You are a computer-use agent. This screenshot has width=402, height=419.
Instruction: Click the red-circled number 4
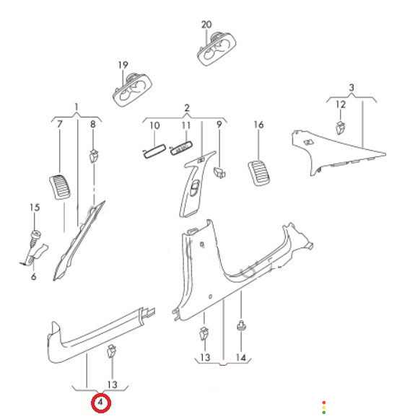coord(100,402)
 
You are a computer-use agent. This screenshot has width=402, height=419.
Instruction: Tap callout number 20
coord(206,25)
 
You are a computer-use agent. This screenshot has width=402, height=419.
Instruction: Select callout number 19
coord(123,65)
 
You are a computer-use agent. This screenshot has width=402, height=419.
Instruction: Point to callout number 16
coord(258,125)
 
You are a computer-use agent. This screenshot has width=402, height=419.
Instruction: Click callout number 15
coord(35,208)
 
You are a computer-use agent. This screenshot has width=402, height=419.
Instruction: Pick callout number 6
coord(33,276)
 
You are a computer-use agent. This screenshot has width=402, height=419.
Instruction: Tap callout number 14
coord(241,358)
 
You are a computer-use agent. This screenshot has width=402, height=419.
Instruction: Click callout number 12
coord(341,105)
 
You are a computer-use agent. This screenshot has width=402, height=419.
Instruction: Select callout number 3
coord(351,87)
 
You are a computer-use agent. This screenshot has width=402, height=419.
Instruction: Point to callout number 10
coord(154,125)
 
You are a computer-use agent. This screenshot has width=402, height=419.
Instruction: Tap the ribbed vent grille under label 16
coord(259,172)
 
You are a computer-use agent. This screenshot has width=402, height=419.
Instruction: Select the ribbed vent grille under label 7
coord(60,187)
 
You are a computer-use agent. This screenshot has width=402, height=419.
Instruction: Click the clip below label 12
coord(340,128)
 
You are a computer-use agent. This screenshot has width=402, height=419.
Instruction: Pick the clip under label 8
coord(94,156)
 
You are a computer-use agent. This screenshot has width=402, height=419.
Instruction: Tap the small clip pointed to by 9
coord(219,172)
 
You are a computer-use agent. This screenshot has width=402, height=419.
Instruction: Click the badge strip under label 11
coord(181,148)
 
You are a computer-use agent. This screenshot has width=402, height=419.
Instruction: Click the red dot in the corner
coord(324,402)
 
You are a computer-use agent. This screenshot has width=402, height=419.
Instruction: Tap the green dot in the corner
coord(324,413)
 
